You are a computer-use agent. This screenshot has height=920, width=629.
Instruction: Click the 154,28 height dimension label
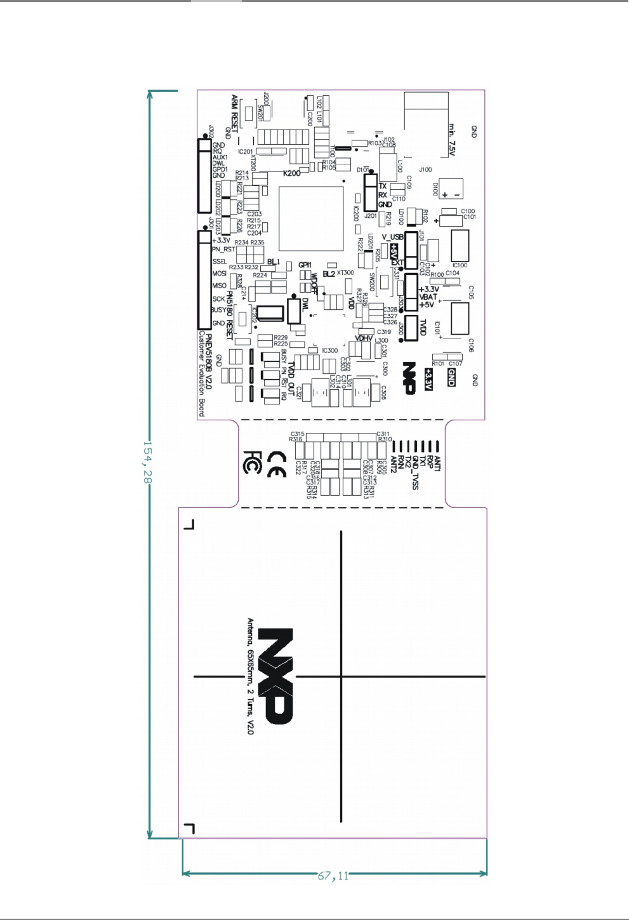(x=146, y=463)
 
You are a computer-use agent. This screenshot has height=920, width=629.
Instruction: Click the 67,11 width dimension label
(x=333, y=876)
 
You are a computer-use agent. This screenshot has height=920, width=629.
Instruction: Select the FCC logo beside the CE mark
(x=251, y=462)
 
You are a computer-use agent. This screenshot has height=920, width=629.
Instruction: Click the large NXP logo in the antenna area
(x=277, y=676)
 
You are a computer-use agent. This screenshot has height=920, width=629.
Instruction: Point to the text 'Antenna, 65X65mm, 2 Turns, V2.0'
(x=250, y=676)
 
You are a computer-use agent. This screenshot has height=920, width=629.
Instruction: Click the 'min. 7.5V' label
(x=452, y=140)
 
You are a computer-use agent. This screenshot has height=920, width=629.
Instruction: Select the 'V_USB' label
(x=392, y=237)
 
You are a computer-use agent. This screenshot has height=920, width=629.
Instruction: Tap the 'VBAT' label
(x=428, y=297)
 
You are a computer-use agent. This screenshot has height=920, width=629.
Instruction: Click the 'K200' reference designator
(x=291, y=173)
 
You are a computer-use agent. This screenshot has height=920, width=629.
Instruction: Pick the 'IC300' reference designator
(x=330, y=350)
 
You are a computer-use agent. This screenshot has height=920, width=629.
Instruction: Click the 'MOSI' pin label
(x=219, y=274)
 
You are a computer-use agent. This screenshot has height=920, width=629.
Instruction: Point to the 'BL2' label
(x=329, y=274)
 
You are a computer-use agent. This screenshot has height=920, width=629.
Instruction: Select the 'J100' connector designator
(x=425, y=170)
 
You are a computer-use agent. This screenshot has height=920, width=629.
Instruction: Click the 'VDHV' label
(x=364, y=338)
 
